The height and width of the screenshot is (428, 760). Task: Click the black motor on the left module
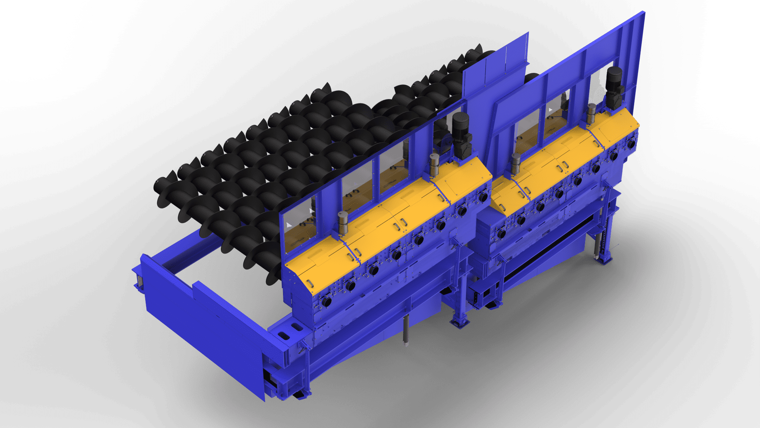coord(461,135)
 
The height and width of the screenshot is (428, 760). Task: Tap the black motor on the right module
coord(615,88)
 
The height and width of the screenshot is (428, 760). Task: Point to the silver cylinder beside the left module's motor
coord(434,164)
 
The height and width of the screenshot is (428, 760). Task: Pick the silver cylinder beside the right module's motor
coord(591,113)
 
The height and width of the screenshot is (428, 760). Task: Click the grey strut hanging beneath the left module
coord(406,331)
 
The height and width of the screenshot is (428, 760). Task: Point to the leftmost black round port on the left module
coord(327,302)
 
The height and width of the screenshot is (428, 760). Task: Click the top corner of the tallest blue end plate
coord(644,13)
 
